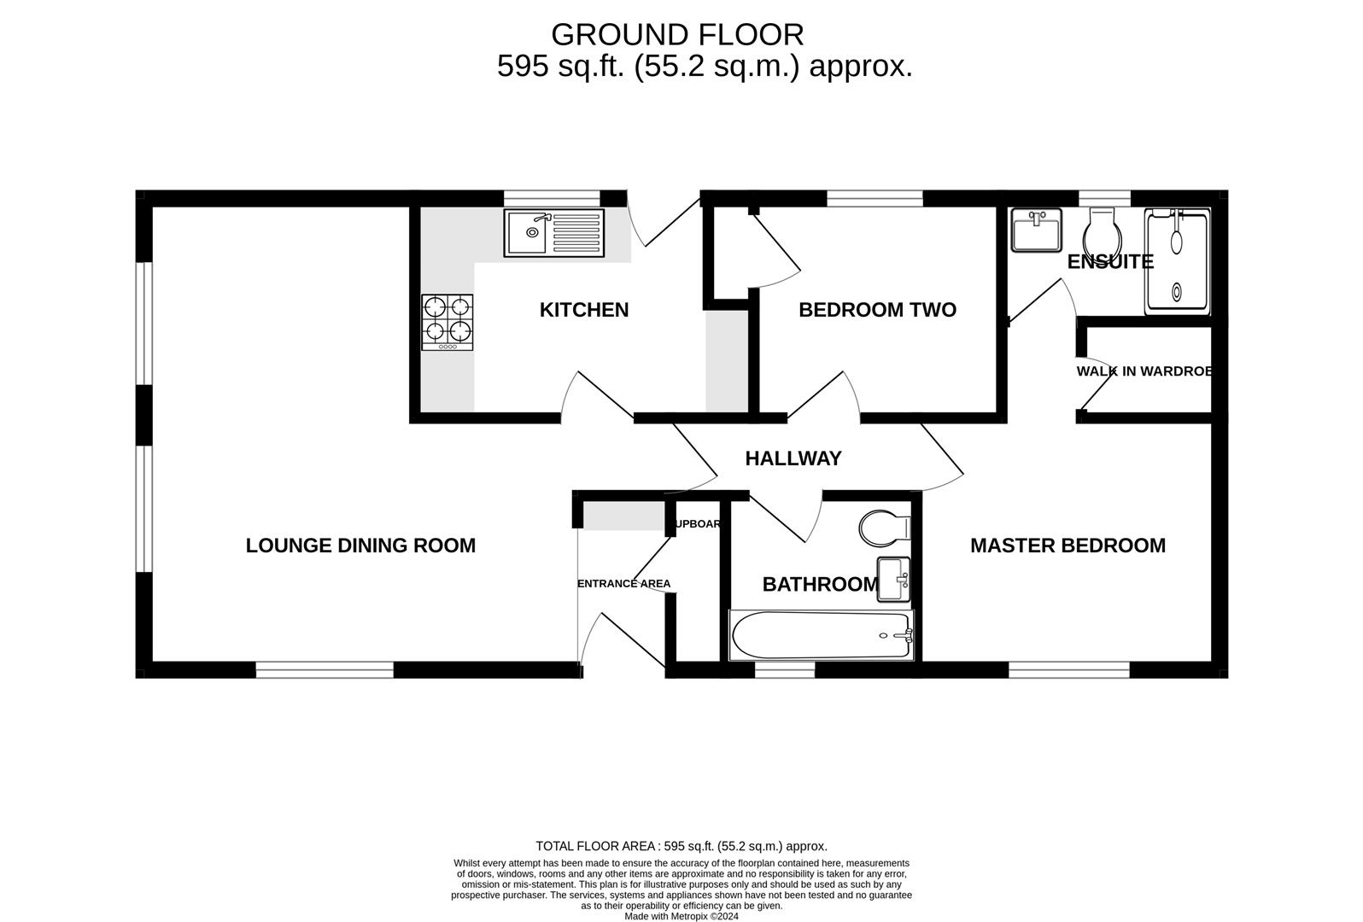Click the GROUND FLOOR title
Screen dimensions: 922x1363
pos(677,35)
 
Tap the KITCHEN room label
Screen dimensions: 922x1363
pos(584,310)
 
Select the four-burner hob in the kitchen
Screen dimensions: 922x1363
pos(447,322)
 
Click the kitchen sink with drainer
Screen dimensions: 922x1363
pos(553,232)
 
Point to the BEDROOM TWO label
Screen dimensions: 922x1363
pos(877,310)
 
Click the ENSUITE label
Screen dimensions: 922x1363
pos(1110,262)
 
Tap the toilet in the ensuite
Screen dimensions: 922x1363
pos(1103,231)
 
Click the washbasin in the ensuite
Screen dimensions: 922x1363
pos(1036,230)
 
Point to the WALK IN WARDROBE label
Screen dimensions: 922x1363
pos(1144,371)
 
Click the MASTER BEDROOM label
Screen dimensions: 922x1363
pos(1068,546)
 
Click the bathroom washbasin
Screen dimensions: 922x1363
pos(894,581)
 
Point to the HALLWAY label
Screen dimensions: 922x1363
pos(793,458)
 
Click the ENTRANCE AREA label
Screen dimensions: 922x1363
pos(623,584)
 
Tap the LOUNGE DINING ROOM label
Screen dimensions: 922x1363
pos(360,546)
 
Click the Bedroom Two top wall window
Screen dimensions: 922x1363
pos(875,199)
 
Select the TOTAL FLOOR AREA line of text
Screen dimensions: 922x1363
pos(681,846)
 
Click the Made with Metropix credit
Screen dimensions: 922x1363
pos(681,916)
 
